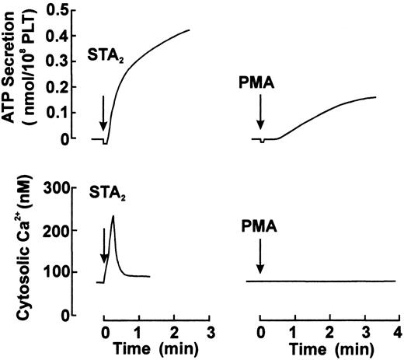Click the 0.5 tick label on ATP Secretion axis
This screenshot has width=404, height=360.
coord(76,9)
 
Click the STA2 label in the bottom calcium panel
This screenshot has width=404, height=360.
coord(104,190)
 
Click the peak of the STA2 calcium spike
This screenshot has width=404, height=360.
coord(113,216)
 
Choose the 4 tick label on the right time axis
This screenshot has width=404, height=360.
coord(397,333)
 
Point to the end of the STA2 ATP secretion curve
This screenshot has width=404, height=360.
coord(190,30)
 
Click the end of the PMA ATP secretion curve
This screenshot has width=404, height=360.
coord(375,98)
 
